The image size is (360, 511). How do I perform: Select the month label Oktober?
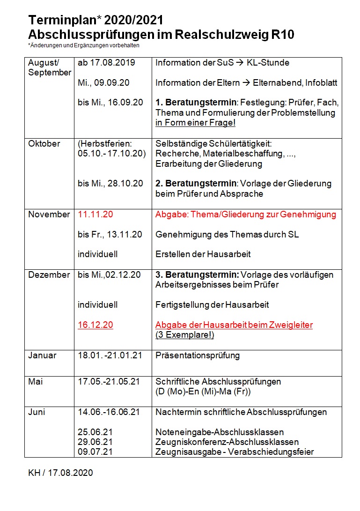(44, 144)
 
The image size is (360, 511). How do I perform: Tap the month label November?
(49, 215)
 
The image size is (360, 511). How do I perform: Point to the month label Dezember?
(49, 275)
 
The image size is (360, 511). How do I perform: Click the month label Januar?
(42, 355)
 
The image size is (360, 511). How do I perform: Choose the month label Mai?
(35, 382)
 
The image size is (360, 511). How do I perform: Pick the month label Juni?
(37, 412)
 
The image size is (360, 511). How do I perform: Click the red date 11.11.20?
(96, 215)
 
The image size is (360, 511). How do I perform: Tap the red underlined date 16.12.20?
(96, 325)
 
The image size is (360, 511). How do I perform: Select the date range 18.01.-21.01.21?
(110, 355)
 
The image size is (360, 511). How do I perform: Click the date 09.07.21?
(96, 452)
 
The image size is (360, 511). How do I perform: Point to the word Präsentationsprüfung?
(198, 355)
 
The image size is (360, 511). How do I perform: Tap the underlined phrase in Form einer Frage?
(195, 123)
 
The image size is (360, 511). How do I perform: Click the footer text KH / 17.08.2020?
(60, 473)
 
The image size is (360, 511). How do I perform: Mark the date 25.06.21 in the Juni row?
(96, 432)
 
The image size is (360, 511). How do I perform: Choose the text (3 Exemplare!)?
(184, 335)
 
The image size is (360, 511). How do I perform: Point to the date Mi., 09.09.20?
(103, 83)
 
